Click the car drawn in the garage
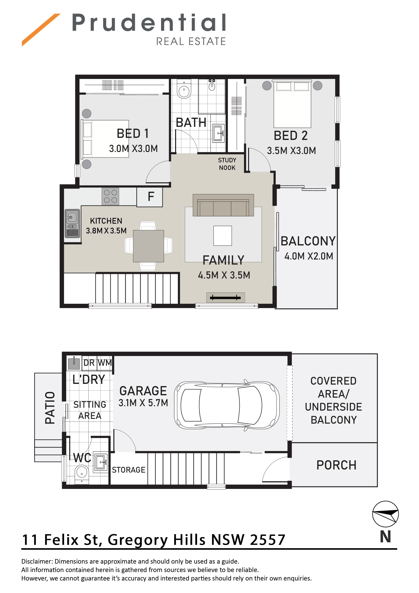click(x=227, y=405)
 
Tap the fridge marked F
click(x=150, y=197)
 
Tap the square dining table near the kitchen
click(x=149, y=246)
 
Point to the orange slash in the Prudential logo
click(x=41, y=30)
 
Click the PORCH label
click(x=336, y=465)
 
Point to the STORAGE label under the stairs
click(x=129, y=470)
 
